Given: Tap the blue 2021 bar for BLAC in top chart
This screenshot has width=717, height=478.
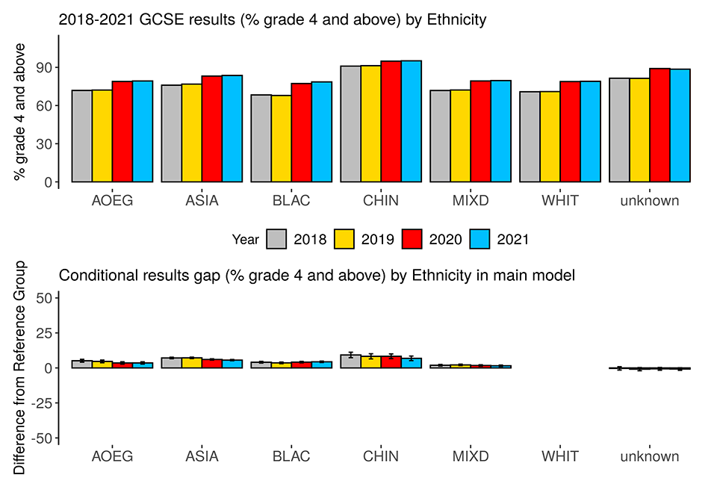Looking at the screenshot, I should (322, 131).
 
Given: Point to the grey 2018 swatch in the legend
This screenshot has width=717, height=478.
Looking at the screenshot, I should (277, 239).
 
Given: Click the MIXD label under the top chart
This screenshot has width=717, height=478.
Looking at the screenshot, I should (471, 200).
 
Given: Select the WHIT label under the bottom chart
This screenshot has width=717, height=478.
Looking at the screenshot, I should (560, 456).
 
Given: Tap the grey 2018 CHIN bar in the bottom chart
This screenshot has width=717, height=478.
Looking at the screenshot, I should (351, 361).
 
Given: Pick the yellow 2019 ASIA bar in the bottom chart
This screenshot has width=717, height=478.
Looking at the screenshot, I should (192, 363).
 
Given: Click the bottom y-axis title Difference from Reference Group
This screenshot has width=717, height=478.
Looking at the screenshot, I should (21, 367).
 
